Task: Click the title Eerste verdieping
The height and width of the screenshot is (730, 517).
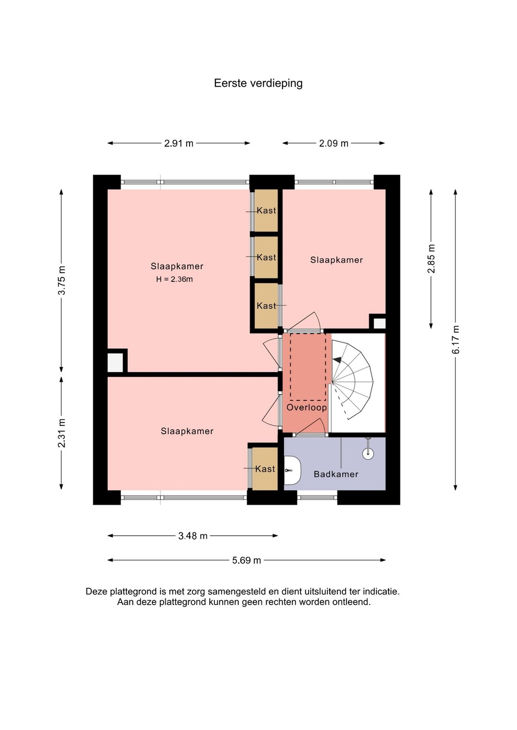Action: coord(258,83)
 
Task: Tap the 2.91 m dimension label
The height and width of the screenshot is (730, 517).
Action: coord(179,144)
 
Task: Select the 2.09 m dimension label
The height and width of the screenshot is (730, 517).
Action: coord(334,144)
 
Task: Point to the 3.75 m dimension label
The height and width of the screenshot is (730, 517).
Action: coord(62,281)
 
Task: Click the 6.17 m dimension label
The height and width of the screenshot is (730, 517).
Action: coord(456,339)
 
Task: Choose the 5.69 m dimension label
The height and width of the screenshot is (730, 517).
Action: coord(247,561)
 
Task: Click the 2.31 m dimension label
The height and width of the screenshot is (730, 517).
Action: coord(62,433)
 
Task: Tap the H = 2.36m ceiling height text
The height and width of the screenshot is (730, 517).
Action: coord(175,279)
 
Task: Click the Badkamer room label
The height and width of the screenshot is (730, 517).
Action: coord(336,474)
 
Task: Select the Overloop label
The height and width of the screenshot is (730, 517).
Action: coord(307,408)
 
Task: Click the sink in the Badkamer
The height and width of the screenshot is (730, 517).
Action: coord(292,470)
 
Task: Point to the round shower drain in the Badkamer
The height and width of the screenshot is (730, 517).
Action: coord(368,453)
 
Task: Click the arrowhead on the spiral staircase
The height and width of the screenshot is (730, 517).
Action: coord(337,360)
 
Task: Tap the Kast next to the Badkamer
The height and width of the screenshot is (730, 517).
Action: coord(265,469)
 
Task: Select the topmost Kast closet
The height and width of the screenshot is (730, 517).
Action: coord(266,210)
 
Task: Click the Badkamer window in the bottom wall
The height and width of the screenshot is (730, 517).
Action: coord(317,498)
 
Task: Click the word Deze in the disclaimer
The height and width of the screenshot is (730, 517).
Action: coord(97,591)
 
